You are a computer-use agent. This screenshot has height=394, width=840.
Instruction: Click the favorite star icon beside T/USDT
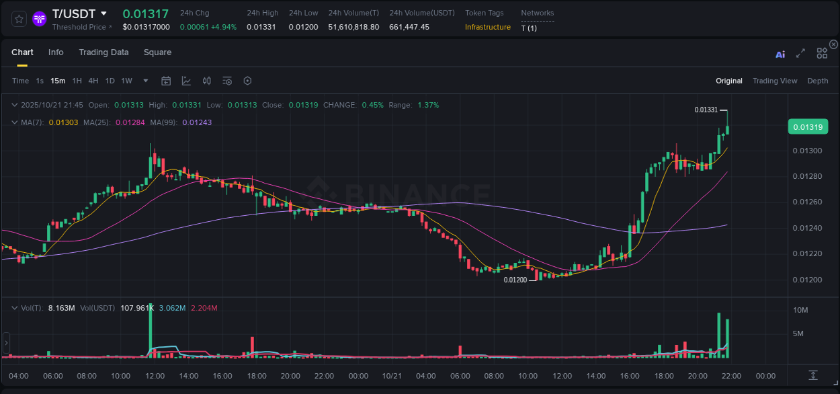(19, 19)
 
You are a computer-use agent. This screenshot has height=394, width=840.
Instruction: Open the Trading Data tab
(103, 52)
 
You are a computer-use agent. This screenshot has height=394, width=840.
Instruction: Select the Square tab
(157, 52)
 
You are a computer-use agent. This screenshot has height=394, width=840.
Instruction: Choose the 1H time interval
(77, 81)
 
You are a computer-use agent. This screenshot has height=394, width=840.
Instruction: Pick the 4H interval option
(93, 81)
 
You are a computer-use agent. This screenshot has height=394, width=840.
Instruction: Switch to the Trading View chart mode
(775, 81)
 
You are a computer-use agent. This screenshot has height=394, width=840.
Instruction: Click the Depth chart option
(818, 81)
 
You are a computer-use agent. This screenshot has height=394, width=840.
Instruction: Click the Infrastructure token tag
(488, 27)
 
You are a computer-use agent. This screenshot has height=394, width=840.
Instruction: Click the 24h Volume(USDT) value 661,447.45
(409, 27)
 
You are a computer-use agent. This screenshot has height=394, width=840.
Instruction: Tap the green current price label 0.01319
(808, 126)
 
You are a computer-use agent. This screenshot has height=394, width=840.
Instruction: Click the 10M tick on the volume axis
(800, 310)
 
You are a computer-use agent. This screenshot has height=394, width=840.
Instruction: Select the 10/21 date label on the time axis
(391, 376)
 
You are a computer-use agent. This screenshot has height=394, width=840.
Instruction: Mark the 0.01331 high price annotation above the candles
(706, 110)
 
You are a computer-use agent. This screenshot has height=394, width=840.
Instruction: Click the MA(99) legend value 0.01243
(197, 122)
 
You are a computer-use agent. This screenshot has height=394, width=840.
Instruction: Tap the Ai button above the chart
(780, 54)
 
